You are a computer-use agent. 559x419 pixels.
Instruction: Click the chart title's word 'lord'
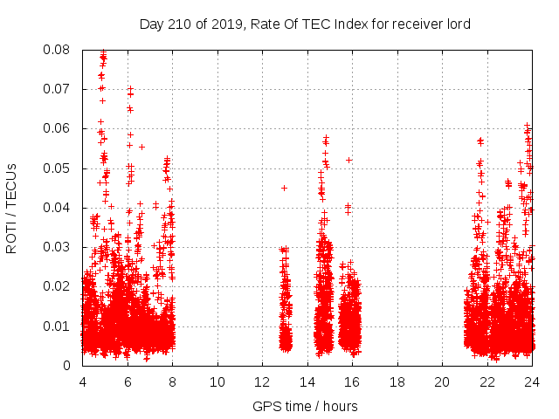459,24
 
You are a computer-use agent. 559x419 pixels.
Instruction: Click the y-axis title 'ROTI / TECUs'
11,208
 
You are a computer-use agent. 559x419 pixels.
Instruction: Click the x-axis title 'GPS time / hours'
305,406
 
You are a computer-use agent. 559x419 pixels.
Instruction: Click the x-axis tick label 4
83,381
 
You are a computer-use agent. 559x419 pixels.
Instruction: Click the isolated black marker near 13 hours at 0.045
284,188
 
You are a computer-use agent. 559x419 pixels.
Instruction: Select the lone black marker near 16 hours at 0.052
349,160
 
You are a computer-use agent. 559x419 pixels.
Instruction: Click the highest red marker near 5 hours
103,52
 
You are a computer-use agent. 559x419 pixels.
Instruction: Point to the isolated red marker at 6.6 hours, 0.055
141,147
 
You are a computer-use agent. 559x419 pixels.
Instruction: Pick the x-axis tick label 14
307,381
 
